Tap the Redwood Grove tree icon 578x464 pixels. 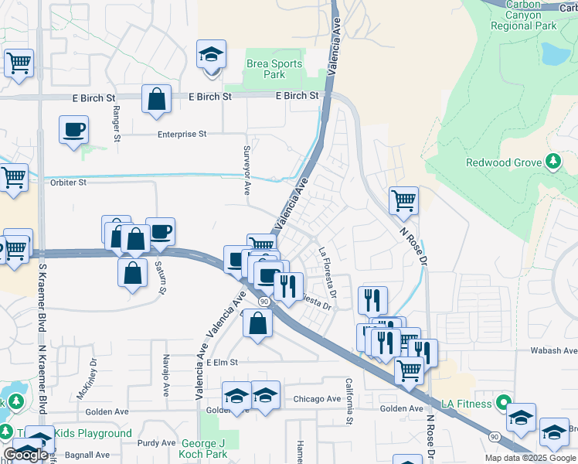click(x=552, y=162)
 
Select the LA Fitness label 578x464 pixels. click(x=467, y=404)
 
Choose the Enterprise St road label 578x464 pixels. click(x=182, y=134)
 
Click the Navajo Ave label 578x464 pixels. click(x=165, y=370)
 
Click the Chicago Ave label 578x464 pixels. click(x=317, y=399)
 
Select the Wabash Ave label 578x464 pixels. click(x=553, y=350)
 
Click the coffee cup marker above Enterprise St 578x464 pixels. click(x=73, y=131)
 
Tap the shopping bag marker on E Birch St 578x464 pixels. click(x=156, y=100)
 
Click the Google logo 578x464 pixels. click(x=25, y=455)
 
